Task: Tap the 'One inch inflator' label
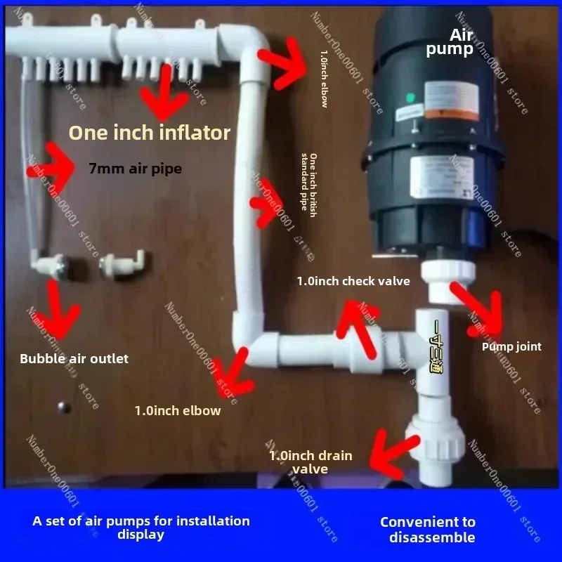[148, 131]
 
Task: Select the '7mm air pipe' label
[136, 168]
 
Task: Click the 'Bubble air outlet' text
[74, 358]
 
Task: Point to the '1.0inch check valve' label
[353, 281]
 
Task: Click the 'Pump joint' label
[511, 346]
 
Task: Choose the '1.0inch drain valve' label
[311, 462]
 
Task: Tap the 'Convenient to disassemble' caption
[427, 529]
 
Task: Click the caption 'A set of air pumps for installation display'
[141, 528]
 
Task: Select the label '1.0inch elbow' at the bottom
[178, 410]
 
